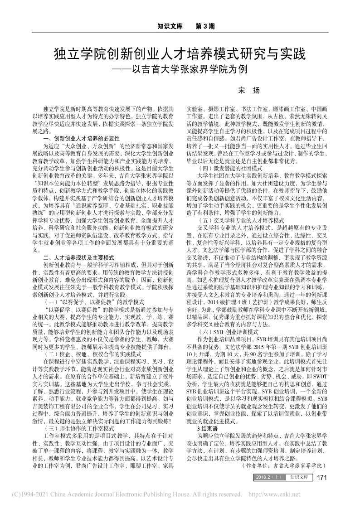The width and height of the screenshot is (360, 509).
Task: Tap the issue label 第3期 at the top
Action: coord(204,26)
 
